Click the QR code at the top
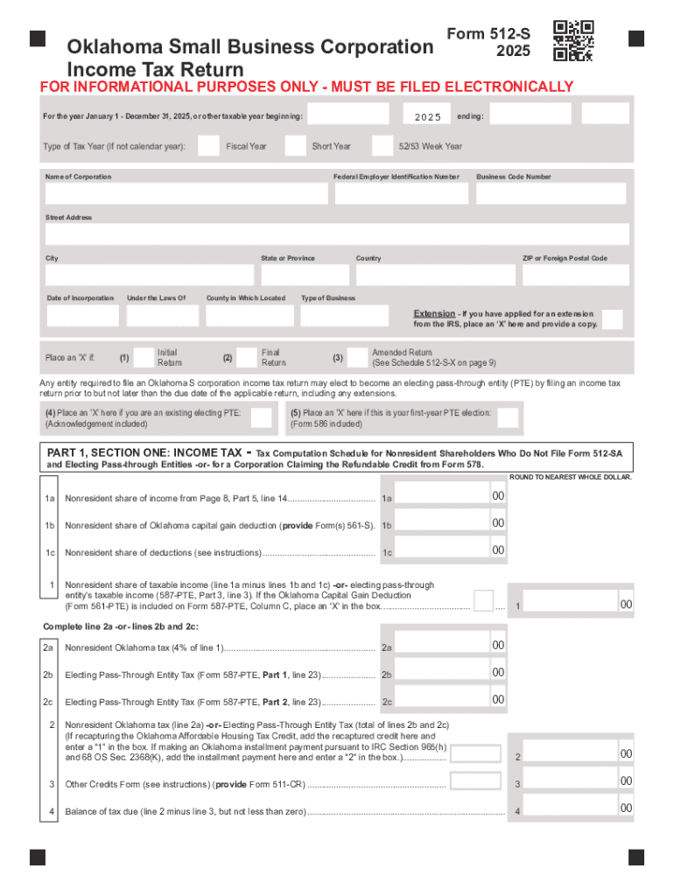574,40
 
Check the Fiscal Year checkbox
208,146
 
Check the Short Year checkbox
296,146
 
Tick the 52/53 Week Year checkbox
383,146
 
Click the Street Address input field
337,234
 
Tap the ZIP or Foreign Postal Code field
575,275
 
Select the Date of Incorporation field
82,315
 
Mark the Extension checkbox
613,319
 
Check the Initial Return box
143,357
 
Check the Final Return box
247,357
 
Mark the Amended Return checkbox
356,357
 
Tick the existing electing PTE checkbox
261,417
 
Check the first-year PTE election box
506,417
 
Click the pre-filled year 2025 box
427,115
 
